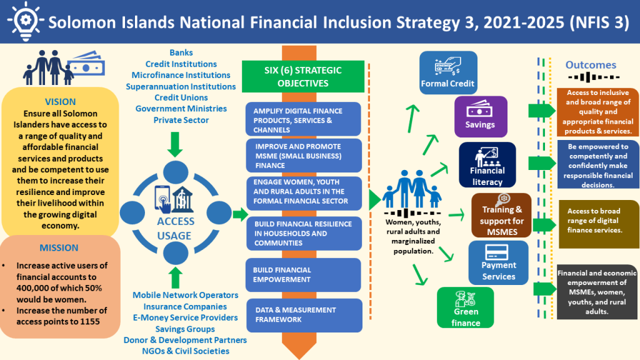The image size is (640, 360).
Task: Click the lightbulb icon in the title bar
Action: (x=25, y=21)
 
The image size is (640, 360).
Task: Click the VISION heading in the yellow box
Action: (x=61, y=102)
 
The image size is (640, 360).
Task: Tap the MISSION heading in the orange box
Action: (x=59, y=247)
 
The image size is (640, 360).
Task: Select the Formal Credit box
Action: (x=448, y=72)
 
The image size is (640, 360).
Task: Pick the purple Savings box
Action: (x=481, y=117)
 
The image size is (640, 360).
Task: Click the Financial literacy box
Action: (x=487, y=165)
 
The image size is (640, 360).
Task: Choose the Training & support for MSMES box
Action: (x=502, y=216)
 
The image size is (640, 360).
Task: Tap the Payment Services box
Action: (x=498, y=262)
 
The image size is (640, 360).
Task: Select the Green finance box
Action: (x=465, y=307)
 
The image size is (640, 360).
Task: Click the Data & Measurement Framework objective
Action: (x=304, y=315)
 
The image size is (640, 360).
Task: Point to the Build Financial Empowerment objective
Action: (x=303, y=275)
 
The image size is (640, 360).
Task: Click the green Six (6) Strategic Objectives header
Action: (x=303, y=76)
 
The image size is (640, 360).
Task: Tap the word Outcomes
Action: (x=591, y=65)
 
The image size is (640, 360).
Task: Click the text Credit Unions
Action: (x=181, y=97)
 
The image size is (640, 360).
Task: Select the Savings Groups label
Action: (x=185, y=329)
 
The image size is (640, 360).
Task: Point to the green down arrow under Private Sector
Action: (x=175, y=144)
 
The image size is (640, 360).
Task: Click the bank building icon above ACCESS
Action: (x=182, y=199)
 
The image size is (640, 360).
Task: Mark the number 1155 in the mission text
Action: (x=90, y=322)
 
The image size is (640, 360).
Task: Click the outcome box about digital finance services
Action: (x=598, y=224)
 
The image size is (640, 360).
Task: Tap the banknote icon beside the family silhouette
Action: (x=86, y=64)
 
